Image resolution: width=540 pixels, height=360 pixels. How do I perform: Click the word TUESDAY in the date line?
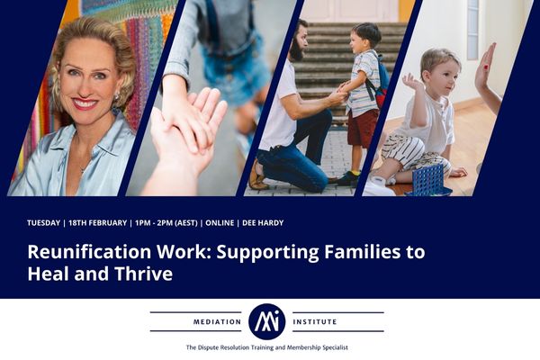click(44, 223)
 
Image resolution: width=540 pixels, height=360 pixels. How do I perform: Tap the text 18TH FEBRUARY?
click(98, 223)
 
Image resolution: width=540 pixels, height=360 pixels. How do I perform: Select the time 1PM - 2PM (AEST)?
click(166, 223)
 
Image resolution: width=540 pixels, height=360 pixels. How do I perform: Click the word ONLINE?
click(220, 223)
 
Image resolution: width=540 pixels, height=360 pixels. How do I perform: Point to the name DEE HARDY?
click(263, 223)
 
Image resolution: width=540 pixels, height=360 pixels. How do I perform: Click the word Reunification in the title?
click(89, 252)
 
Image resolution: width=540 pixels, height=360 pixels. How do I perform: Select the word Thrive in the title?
click(144, 274)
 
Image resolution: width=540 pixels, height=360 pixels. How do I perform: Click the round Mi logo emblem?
click(267, 322)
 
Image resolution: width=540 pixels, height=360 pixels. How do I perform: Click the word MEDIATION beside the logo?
click(217, 322)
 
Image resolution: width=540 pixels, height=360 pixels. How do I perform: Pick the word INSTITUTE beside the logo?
click(315, 322)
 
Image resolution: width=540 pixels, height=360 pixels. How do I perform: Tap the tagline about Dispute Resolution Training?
click(267, 347)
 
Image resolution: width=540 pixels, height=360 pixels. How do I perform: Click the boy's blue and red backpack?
click(381, 83)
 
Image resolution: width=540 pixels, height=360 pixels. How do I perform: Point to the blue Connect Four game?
click(429, 181)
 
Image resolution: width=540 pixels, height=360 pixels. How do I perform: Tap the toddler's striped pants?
click(410, 154)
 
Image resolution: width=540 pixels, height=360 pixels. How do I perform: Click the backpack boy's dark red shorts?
click(363, 128)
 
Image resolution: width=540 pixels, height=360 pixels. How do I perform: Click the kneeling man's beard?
click(295, 52)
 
